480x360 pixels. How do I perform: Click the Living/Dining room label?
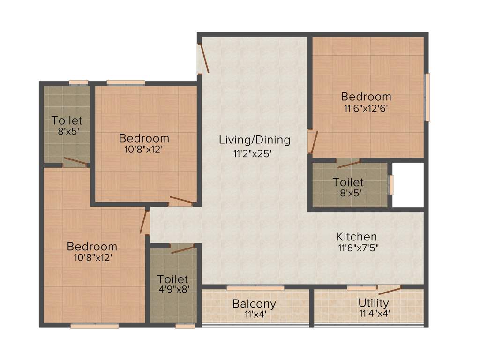click(255, 140)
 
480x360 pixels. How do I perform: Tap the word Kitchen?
click(357, 237)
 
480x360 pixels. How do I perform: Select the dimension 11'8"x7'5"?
click(358, 248)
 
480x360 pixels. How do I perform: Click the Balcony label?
click(254, 304)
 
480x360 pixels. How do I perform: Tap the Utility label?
click(373, 302)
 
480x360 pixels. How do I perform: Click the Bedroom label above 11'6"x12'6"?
click(366, 97)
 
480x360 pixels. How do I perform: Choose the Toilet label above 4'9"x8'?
click(172, 279)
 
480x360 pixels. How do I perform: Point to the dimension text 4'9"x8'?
click(173, 290)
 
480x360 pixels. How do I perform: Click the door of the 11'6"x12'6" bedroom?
click(313, 142)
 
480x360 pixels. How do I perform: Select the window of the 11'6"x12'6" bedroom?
click(426, 97)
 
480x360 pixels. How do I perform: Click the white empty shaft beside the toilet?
click(408, 185)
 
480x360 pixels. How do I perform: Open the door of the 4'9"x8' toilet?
click(182, 248)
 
